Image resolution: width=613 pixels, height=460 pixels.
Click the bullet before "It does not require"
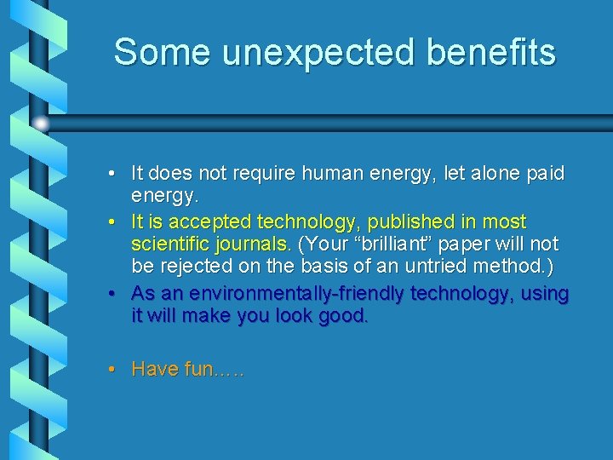click(x=113, y=174)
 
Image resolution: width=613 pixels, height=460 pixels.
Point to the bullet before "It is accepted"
click(x=113, y=222)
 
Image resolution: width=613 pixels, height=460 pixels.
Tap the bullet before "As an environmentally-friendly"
click(x=113, y=294)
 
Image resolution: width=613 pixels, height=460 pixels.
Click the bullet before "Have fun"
click(x=113, y=370)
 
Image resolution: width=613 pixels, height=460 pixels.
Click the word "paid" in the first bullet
click(x=544, y=174)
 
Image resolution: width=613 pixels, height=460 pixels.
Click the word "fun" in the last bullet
click(x=197, y=370)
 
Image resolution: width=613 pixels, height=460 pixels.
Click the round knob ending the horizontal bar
click(x=41, y=124)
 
